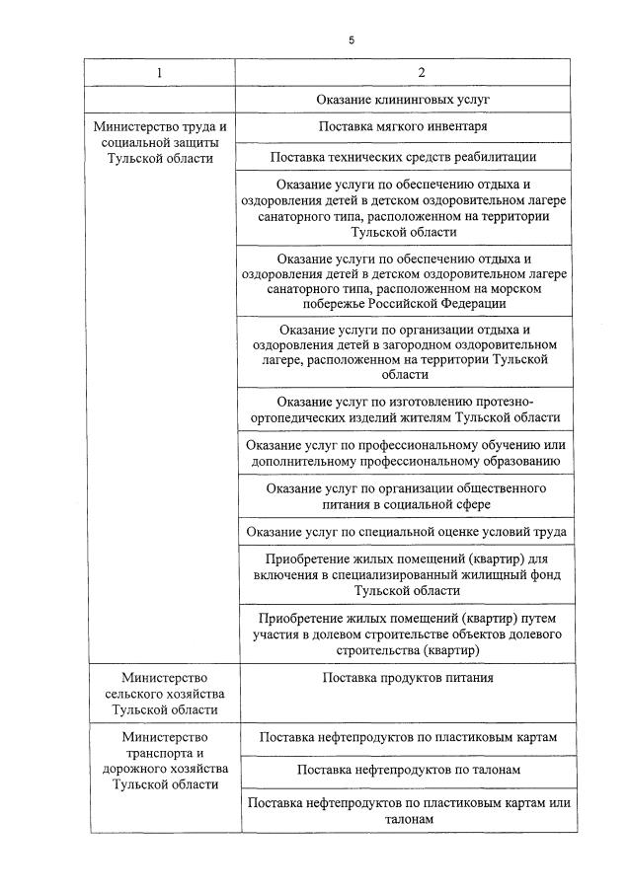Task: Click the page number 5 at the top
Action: pos(351,40)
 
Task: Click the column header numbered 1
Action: pos(161,73)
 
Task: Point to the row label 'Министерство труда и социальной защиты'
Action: pos(161,142)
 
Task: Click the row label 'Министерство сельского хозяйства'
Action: pos(161,694)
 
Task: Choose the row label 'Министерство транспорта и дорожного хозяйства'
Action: pos(161,761)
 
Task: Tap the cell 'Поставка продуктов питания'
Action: pos(408,678)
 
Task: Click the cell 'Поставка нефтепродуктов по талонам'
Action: pos(408,769)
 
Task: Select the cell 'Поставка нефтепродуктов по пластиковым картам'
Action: pos(408,737)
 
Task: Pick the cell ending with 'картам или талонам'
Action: pos(408,811)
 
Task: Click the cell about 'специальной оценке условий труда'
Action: pos(406,532)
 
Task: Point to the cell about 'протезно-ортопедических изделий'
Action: pos(406,409)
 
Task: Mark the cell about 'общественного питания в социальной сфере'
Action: pos(406,495)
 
